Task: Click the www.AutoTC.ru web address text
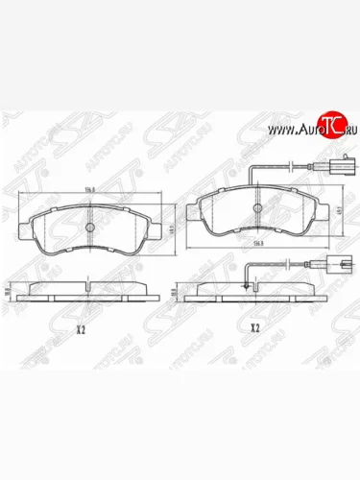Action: tap(302, 129)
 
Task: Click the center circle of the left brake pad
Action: tap(88, 228)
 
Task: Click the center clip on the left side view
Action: tap(88, 284)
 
